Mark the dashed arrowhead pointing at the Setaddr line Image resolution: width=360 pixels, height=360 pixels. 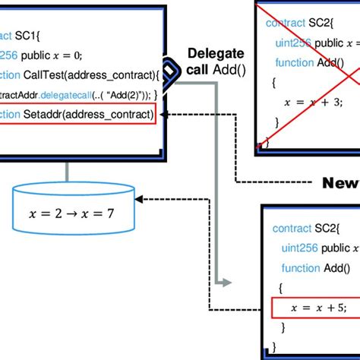[x=169, y=115]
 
